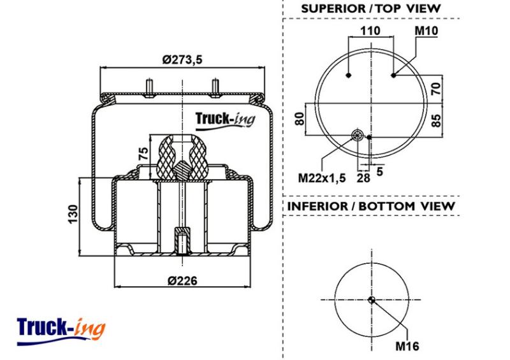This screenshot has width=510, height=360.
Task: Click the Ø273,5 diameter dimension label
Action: point(182,59)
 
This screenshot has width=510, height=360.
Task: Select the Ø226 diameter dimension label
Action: point(182,280)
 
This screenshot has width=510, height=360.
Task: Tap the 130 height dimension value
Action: point(73,213)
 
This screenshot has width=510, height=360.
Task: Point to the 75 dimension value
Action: point(143,153)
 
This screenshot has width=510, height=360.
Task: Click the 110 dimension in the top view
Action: point(370,31)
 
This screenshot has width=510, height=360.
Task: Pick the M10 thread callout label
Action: point(426,31)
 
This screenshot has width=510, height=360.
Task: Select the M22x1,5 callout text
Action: point(322,178)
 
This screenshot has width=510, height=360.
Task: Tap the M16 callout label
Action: point(407,346)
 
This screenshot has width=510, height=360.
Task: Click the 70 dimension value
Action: point(436,89)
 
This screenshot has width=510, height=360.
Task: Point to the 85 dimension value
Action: point(436,120)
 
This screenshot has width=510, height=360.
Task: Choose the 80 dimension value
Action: point(299,119)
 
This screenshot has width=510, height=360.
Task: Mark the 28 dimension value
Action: point(363,178)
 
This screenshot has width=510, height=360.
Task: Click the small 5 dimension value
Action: point(379,171)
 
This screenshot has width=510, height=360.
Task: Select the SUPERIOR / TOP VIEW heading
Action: point(371,8)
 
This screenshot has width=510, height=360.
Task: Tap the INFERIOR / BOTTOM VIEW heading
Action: point(371,206)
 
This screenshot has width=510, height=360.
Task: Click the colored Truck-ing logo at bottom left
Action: point(61,331)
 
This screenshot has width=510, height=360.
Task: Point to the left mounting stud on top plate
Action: point(149,88)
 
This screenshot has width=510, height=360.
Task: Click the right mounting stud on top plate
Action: point(215,88)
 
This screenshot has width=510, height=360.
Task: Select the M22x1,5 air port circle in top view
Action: point(358,134)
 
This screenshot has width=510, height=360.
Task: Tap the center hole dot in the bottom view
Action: point(372,300)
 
